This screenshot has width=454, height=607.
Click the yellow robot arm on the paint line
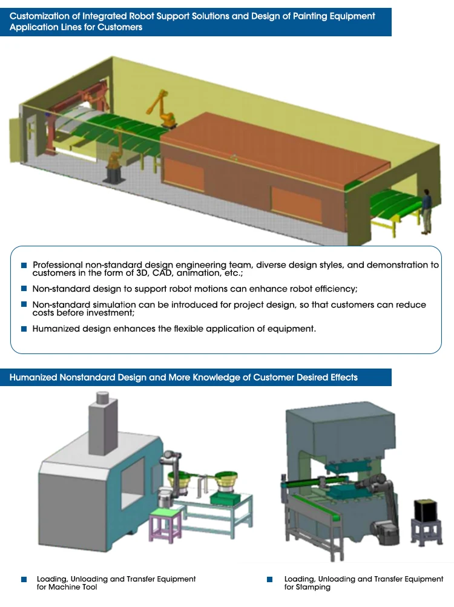pyautogui.click(x=162, y=109)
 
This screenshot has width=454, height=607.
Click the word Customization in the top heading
pyautogui.click(x=37, y=16)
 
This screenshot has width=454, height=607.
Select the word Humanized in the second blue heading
pyautogui.click(x=33, y=378)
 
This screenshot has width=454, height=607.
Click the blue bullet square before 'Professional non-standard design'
pyautogui.click(x=24, y=265)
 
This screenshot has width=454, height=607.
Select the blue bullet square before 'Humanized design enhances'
pyautogui.click(x=24, y=329)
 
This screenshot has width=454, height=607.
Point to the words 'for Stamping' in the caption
pyautogui.click(x=308, y=587)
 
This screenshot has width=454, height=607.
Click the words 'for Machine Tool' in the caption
pyautogui.click(x=67, y=587)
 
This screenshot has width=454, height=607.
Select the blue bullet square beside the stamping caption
pyautogui.click(x=269, y=579)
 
